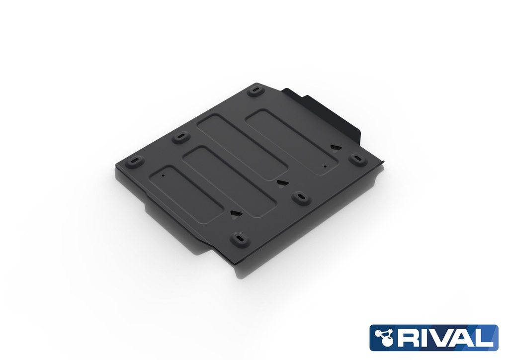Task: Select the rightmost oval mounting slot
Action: click(357, 159)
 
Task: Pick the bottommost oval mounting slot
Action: click(241, 238)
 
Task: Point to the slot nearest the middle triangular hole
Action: click(300, 196)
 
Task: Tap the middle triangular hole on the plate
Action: click(281, 182)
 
